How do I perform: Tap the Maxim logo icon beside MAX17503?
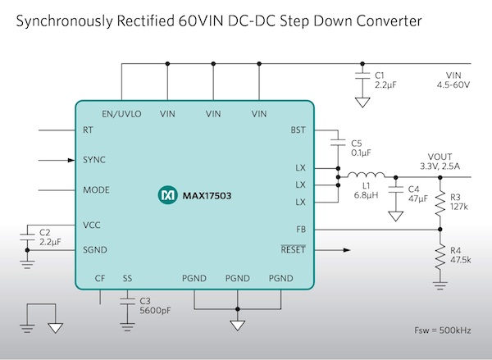pos(165,197)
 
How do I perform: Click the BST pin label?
pos(298,130)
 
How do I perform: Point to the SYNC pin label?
pos(94,160)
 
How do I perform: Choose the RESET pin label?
pos(292,249)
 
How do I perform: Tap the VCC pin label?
pos(93,223)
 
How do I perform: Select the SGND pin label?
pos(95,249)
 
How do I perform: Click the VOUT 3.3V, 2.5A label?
pos(442,162)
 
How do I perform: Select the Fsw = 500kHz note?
pos(446,332)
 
